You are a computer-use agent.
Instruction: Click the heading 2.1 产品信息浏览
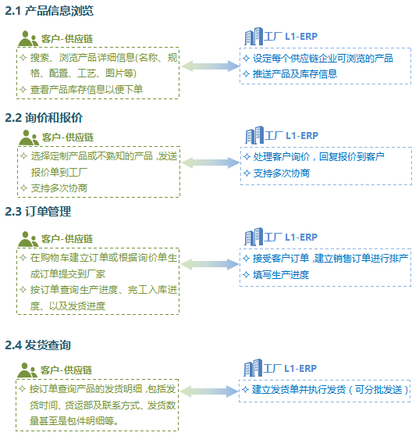49,11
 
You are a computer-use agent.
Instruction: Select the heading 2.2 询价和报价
44,118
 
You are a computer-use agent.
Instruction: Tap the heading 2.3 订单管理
37,211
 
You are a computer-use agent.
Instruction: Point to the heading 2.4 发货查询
37,345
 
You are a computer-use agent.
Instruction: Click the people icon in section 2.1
28,38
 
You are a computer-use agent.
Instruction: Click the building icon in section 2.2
254,135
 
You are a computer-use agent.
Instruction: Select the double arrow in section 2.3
210,264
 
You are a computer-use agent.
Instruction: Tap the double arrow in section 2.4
209,391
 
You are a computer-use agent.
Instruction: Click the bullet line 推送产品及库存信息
290,74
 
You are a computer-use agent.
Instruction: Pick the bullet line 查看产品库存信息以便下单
82,90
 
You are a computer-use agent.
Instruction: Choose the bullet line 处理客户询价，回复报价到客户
314,156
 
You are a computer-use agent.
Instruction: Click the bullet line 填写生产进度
276,275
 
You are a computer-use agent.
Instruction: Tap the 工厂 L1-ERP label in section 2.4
289,369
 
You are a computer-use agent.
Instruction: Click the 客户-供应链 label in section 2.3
67,239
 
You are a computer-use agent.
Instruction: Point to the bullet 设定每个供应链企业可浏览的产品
318,58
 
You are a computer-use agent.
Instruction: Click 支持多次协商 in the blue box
276,173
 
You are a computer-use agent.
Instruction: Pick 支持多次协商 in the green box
54,188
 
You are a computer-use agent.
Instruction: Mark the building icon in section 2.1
254,36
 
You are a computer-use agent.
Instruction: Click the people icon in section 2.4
27,370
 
